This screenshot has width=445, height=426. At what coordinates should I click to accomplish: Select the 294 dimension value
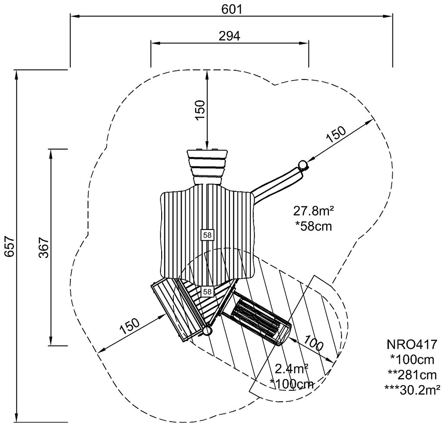tap(229, 36)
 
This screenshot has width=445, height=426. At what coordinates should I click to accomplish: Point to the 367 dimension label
tap(44, 247)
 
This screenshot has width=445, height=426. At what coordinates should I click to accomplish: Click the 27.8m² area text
tap(313, 211)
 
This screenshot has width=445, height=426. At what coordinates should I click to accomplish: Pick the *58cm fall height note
tap(313, 226)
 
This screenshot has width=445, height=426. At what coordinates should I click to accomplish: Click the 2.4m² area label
tap(292, 369)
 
